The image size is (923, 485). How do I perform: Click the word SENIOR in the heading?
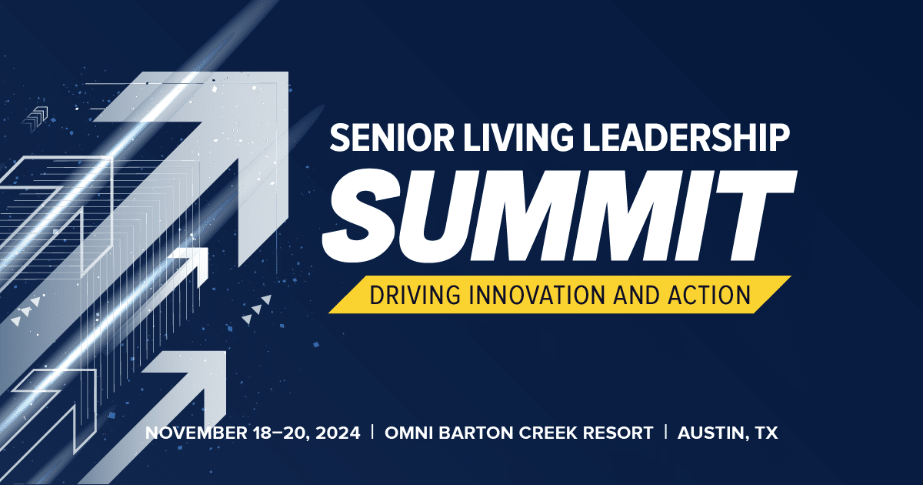(x=392, y=138)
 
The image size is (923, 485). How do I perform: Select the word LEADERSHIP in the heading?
(x=685, y=138)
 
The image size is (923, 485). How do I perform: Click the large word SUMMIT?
(x=558, y=216)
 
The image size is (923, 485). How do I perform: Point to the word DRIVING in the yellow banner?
(x=415, y=294)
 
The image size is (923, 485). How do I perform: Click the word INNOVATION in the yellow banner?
(x=538, y=294)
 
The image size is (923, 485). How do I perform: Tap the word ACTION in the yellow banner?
(x=709, y=294)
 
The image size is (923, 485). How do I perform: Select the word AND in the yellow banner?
(x=637, y=294)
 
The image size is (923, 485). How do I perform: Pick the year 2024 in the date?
(x=338, y=433)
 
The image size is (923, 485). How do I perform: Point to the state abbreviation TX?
(x=767, y=433)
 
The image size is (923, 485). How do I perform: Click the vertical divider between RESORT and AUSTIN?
(x=666, y=432)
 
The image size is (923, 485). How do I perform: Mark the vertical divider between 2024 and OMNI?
(x=372, y=432)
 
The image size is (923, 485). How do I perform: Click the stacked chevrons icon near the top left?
(x=35, y=119)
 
